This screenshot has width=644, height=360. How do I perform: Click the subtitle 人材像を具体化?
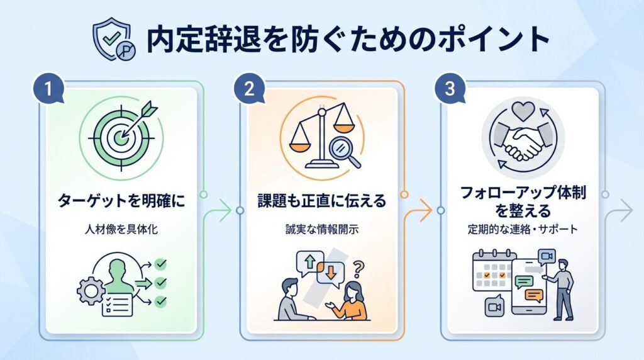pos(121,230)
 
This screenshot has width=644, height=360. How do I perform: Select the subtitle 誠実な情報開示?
pos(321,230)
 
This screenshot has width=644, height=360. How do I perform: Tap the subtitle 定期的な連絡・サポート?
pos(523,229)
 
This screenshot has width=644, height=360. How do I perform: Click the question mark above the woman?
pos(359,270)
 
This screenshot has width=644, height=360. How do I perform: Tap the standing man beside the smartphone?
pos(562,288)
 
